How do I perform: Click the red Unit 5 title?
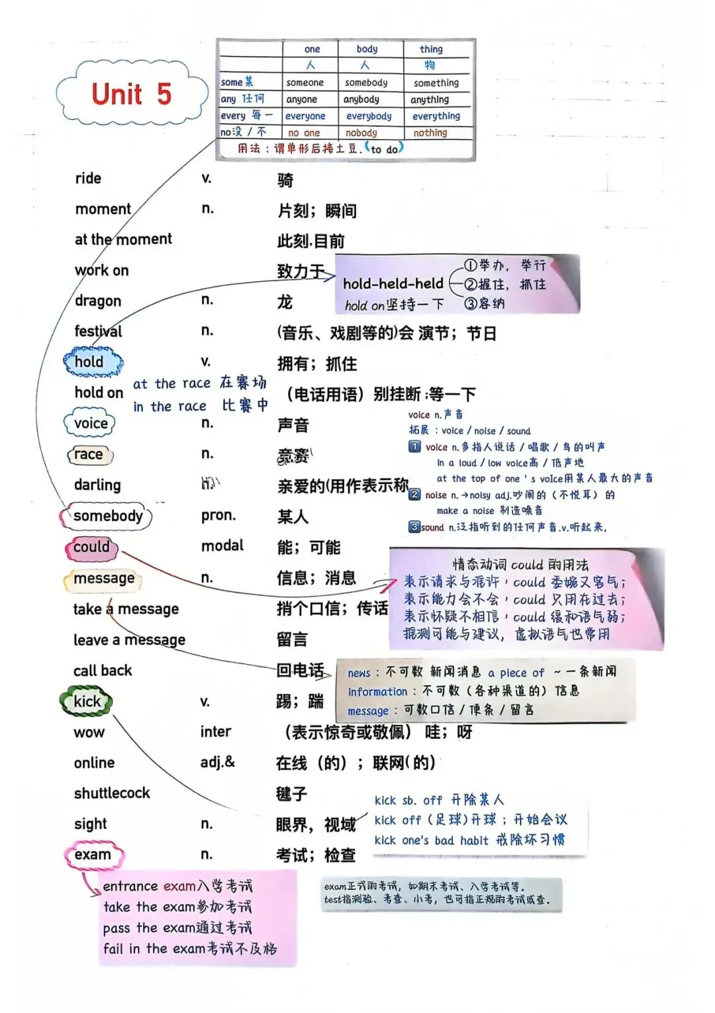131,94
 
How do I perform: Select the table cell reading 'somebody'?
366,83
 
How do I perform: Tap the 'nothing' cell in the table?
430,132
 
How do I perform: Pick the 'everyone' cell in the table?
305,116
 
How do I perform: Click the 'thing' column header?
431,49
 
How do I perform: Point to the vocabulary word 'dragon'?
98,301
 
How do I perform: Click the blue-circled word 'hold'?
89,362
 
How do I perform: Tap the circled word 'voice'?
91,423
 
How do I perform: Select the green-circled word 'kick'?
87,701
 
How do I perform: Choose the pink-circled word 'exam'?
93,854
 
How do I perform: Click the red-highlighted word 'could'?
91,547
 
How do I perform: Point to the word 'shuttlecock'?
112,793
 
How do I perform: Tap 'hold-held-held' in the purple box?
393,283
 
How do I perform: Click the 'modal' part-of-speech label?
222,546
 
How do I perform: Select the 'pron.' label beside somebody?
218,515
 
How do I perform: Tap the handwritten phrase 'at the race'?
171,383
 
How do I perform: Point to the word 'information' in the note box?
377,691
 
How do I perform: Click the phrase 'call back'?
103,670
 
